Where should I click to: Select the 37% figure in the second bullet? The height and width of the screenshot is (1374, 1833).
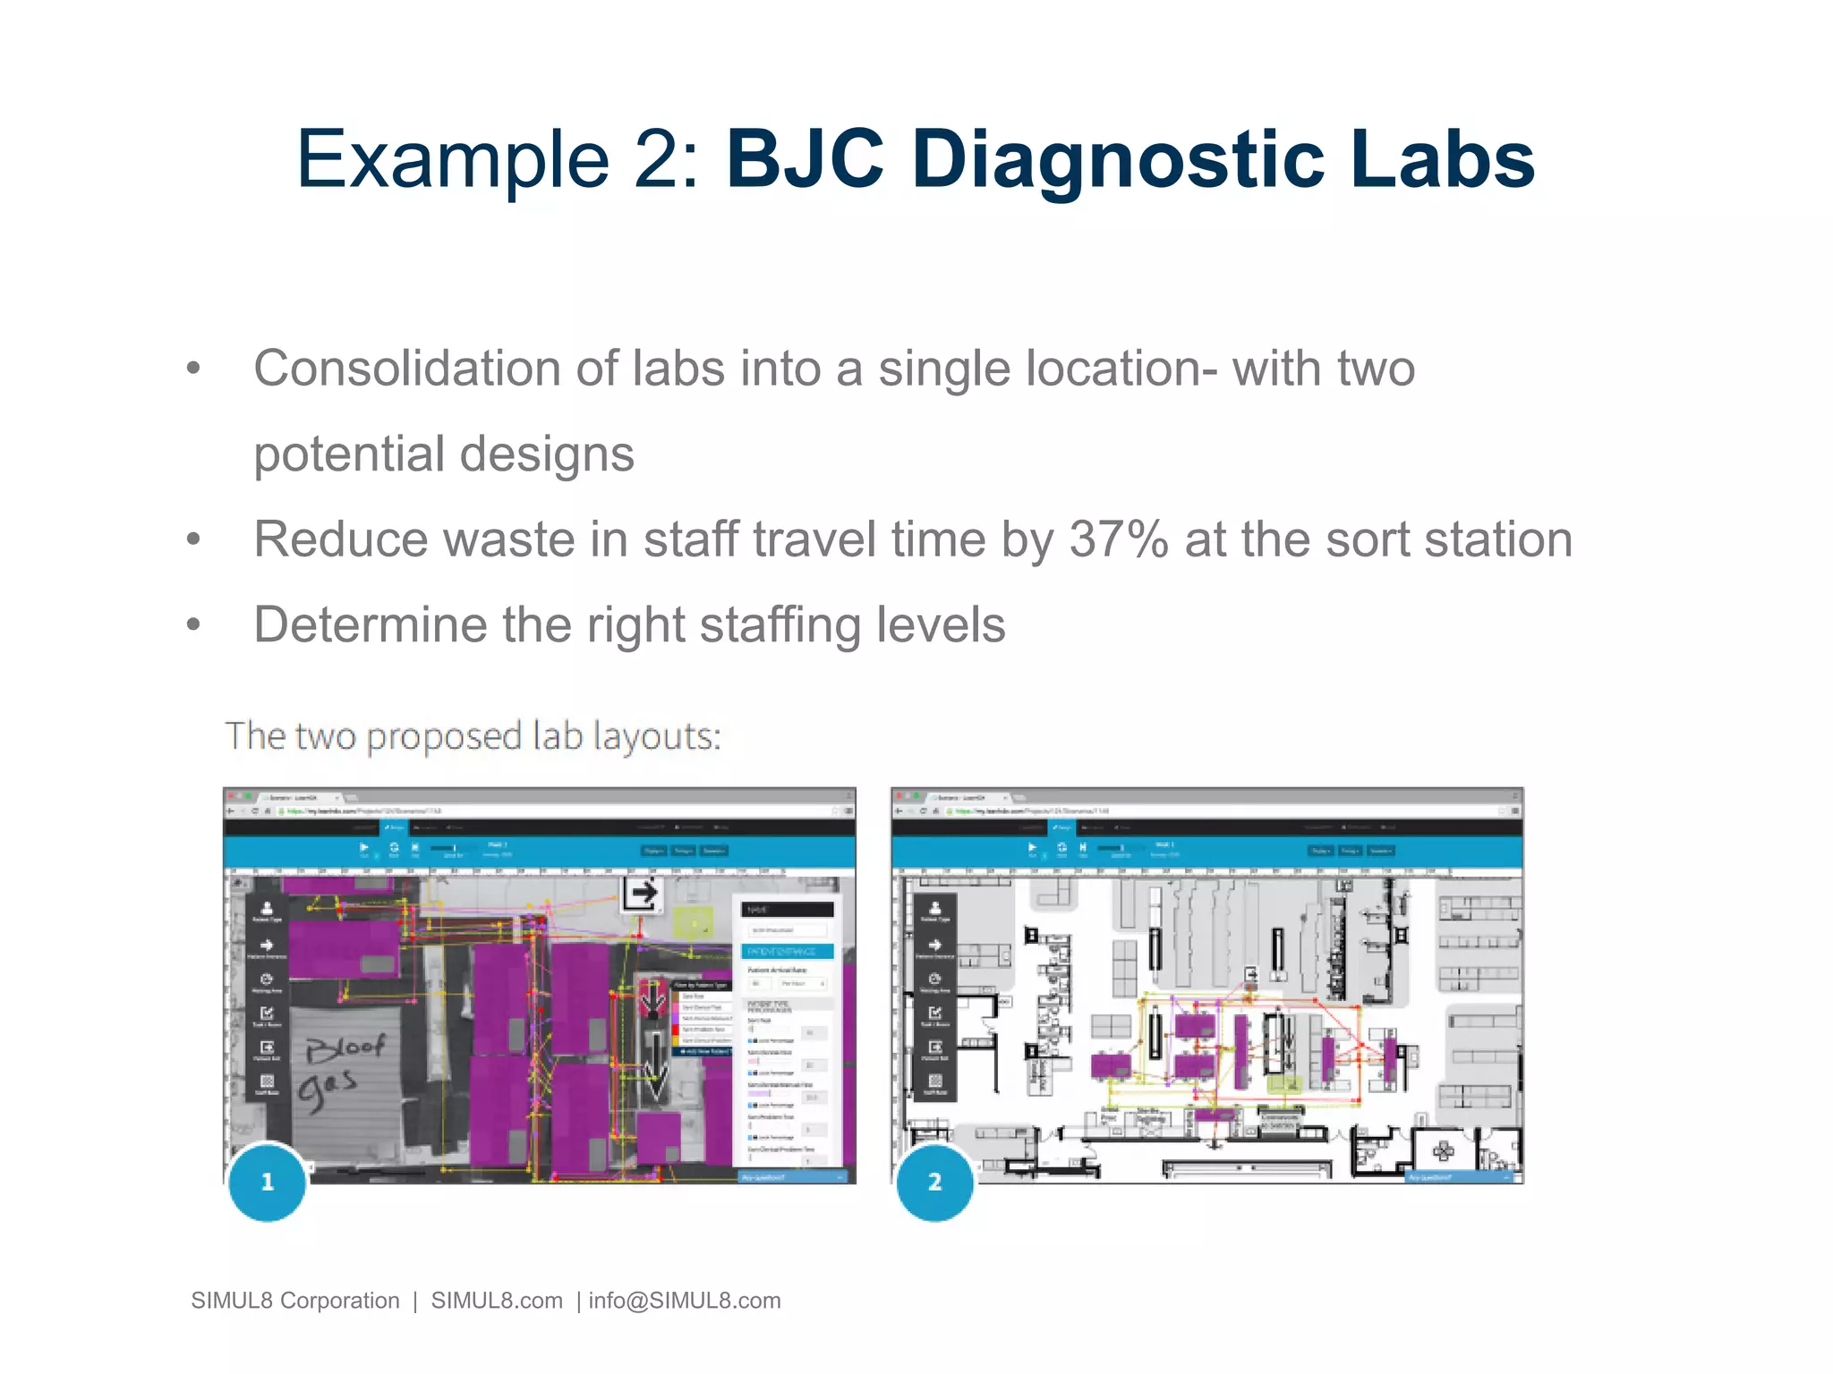coord(1119,539)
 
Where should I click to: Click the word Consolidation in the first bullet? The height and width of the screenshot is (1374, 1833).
coord(407,369)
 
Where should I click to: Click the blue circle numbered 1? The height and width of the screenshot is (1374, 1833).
coord(268,1182)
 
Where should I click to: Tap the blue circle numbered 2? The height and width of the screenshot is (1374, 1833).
coord(934,1182)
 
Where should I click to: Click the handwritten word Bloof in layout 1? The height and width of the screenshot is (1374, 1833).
coord(345,1047)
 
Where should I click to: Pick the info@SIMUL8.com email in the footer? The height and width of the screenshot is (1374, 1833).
coord(684,1301)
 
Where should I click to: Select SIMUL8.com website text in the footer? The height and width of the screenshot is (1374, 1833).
coord(497,1301)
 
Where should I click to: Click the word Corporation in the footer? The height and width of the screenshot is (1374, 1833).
coord(339,1301)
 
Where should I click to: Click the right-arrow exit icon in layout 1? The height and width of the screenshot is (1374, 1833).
coord(642,893)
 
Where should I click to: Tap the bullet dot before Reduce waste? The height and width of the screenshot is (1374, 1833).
coord(193,539)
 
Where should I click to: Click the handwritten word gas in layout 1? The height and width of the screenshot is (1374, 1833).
coord(327,1089)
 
